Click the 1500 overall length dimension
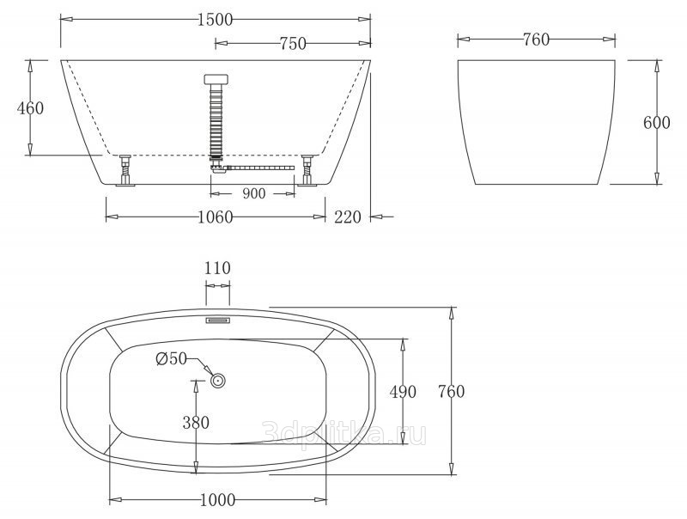pyautogui.click(x=215, y=19)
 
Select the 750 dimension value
pyautogui.click(x=293, y=44)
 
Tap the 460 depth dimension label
pyautogui.click(x=30, y=107)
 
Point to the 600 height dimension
pyautogui.click(x=656, y=123)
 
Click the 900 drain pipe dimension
pyautogui.click(x=253, y=193)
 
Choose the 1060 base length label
pyautogui.click(x=216, y=217)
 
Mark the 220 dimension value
pyautogui.click(x=348, y=217)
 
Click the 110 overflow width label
pyautogui.click(x=217, y=268)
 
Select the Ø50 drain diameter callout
pyautogui.click(x=171, y=358)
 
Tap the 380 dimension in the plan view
pyautogui.click(x=196, y=423)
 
